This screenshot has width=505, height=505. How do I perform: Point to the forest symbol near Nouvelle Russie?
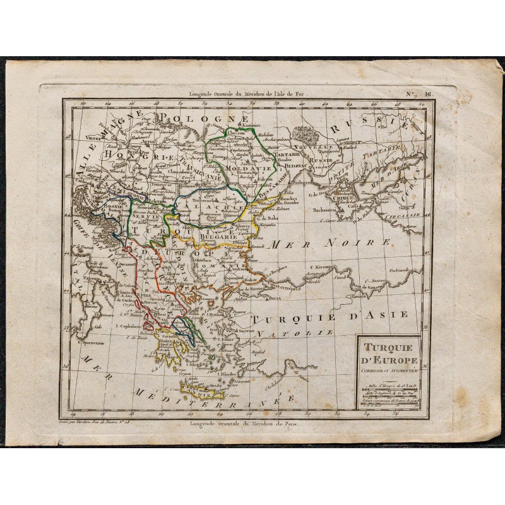click(x=307, y=134)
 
